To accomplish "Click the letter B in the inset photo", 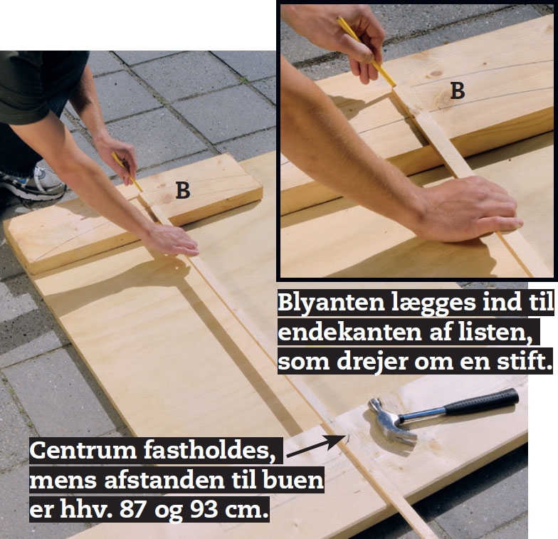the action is (457, 91).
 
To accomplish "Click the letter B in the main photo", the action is (182, 190).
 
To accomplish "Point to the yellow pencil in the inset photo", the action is (366, 52).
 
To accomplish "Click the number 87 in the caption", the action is (133, 510).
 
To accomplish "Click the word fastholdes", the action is (209, 451).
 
